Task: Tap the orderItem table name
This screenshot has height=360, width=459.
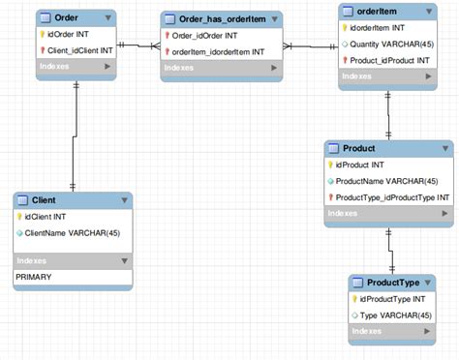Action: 378,10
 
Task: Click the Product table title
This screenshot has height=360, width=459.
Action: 359,148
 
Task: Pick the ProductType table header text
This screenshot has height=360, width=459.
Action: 393,283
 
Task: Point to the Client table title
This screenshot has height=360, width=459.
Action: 44,199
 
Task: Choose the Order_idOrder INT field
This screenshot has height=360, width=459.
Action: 207,36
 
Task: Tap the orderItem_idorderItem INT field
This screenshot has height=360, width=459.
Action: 218,51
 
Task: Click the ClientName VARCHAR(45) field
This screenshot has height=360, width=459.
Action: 73,233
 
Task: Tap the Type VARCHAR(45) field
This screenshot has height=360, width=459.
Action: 398,315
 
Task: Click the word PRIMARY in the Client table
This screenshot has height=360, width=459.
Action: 34,277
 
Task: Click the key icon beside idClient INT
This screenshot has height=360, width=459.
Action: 19,217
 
